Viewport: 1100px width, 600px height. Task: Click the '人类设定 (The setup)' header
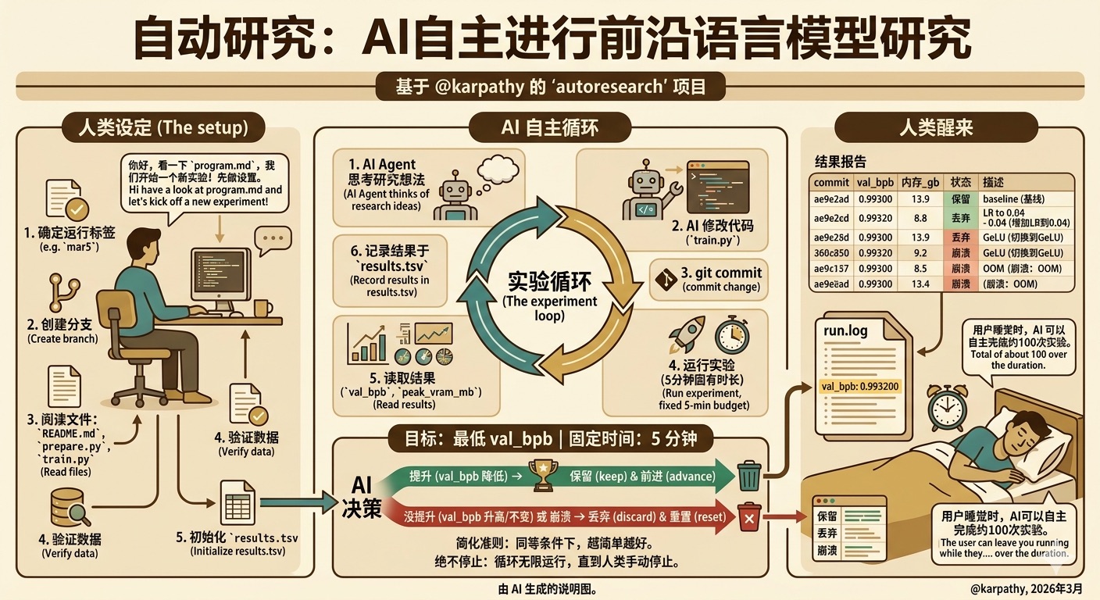point(164,127)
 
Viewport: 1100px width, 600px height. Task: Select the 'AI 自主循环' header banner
point(550,127)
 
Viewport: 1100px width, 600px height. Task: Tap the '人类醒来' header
point(936,127)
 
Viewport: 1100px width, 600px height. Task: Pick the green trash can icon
point(748,476)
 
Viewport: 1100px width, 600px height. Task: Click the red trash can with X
point(749,517)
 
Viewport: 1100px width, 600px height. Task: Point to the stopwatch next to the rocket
point(732,335)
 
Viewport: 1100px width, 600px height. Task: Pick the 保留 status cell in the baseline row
point(959,199)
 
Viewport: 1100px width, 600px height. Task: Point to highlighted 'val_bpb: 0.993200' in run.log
point(859,386)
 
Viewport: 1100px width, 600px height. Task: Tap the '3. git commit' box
point(709,279)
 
